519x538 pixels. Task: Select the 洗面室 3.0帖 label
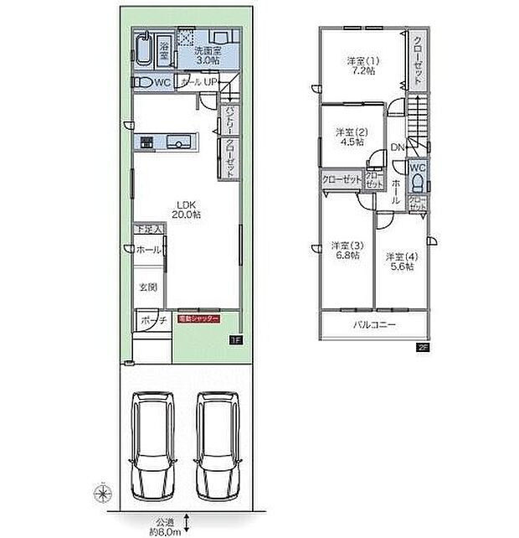208,55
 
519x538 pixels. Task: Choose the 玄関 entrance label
148,287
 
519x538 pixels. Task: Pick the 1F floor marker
236,340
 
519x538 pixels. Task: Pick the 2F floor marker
423,345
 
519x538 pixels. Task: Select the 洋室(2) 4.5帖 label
350,137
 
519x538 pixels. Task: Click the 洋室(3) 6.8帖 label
344,250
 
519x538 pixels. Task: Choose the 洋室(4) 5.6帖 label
399,259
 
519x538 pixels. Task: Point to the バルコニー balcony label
373,324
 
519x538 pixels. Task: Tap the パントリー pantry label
228,120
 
